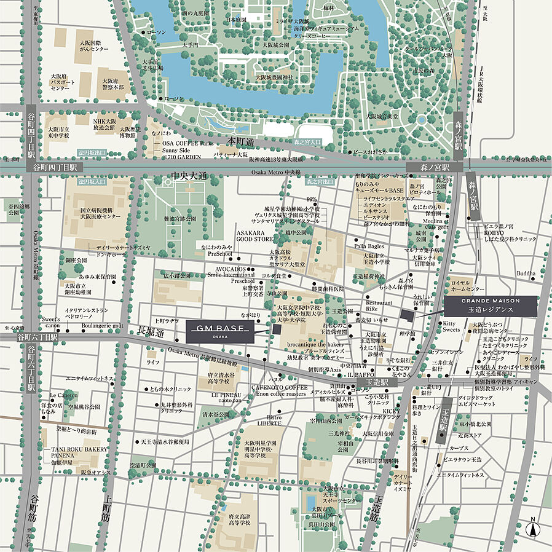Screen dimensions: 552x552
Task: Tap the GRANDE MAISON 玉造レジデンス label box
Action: (x=491, y=306)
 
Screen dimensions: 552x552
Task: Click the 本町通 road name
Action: (x=240, y=141)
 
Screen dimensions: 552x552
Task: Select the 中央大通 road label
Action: (x=189, y=176)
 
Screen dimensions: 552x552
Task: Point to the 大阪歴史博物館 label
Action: (x=131, y=132)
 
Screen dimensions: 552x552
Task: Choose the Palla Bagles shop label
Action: (x=368, y=246)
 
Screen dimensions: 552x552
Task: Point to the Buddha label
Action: (x=526, y=273)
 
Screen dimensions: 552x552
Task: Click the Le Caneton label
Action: (x=63, y=395)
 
